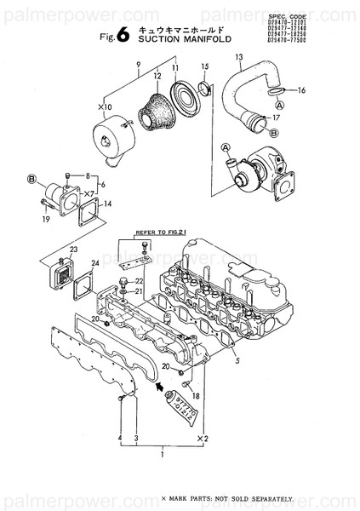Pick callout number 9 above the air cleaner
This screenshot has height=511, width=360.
pyautogui.click(x=137, y=66)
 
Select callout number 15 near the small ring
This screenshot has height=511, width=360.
pyautogui.click(x=204, y=66)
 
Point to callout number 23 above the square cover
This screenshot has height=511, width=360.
pyautogui.click(x=73, y=250)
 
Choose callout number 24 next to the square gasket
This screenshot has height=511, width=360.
pyautogui.click(x=94, y=264)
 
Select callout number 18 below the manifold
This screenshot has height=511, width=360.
pyautogui.click(x=195, y=396)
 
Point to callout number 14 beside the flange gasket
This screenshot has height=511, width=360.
pyautogui.click(x=106, y=204)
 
